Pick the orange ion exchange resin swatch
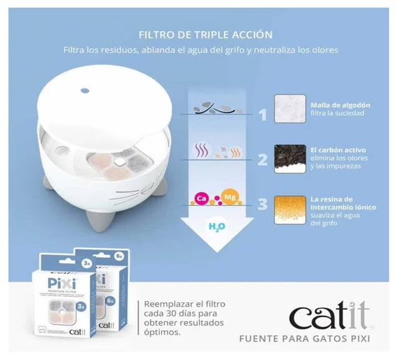click(290, 210)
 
